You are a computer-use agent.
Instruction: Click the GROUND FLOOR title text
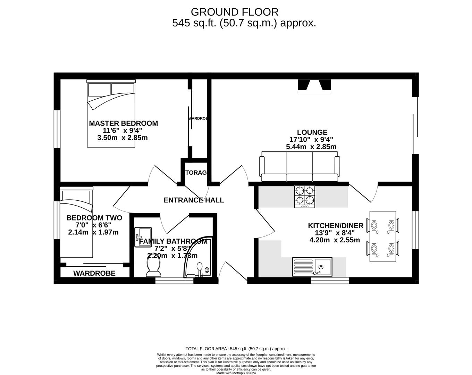tap(235, 12)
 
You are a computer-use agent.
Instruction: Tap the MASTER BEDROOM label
tap(123, 123)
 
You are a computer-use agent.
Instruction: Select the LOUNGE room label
tap(312, 132)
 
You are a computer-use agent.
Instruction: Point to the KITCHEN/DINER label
tap(336, 226)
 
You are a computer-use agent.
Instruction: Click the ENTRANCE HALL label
tap(194, 200)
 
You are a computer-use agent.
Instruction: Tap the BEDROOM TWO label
tap(94, 218)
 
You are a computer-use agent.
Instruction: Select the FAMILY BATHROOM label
tap(173, 241)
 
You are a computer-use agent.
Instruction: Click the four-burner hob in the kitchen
tap(305, 197)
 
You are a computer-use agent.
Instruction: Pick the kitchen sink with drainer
tap(312, 267)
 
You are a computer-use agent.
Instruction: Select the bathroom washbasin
tap(143, 237)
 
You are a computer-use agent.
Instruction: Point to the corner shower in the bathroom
tap(198, 260)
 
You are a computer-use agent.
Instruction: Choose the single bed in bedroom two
tap(77, 222)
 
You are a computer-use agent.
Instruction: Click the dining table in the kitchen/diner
tap(382, 236)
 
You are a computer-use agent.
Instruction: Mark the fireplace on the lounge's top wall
tap(314, 86)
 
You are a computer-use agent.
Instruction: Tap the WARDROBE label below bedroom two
tap(94, 273)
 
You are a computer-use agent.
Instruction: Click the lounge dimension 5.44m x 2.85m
tap(311, 147)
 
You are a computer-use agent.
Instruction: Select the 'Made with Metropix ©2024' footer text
tap(236, 373)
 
